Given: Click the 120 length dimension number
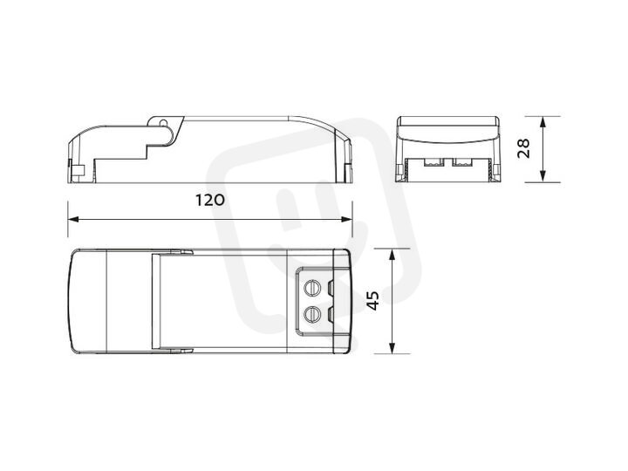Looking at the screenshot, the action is [x=210, y=200].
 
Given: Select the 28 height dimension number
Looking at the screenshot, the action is [x=523, y=148].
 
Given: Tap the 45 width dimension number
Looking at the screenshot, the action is [x=372, y=300].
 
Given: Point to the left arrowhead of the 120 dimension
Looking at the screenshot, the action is [x=73, y=219].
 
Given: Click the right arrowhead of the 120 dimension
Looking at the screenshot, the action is [x=347, y=219].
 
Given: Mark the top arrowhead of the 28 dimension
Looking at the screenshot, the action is [x=543, y=122].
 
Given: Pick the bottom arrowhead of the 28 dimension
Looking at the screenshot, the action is [x=543, y=176].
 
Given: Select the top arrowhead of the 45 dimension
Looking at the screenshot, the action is [x=392, y=255].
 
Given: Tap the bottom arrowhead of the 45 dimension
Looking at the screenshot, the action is [x=392, y=348].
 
